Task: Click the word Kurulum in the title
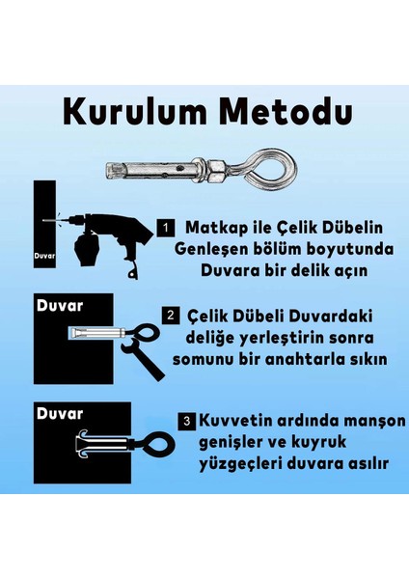132,110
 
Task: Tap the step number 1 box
165,228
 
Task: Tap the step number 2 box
170,315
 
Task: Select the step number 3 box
186,421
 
